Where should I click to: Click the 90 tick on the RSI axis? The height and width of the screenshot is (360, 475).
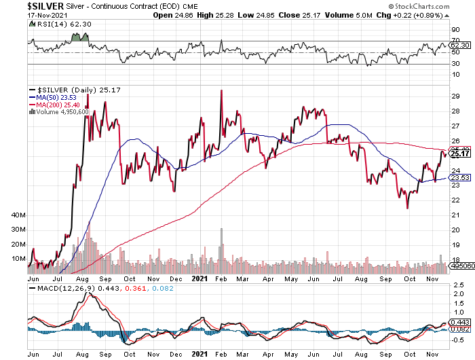(455, 30)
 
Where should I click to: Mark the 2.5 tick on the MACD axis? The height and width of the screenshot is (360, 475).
(457, 285)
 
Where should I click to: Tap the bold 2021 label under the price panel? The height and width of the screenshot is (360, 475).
(199, 278)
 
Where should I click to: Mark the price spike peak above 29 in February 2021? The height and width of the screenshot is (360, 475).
(221, 91)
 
